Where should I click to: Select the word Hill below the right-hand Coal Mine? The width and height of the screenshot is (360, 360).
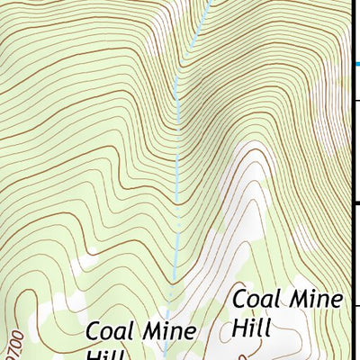coord(251,326)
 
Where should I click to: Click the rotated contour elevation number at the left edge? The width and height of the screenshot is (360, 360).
coord(12,341)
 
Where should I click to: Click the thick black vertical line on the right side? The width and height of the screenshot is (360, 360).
coord(351,180)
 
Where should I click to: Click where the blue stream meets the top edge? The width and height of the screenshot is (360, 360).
coord(209,2)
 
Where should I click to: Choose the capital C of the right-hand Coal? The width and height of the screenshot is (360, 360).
coord(240,299)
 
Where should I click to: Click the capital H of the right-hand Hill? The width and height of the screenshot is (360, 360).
coord(238,326)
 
